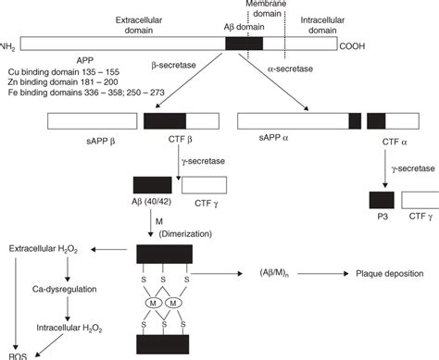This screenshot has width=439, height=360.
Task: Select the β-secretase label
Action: click(x=171, y=68)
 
